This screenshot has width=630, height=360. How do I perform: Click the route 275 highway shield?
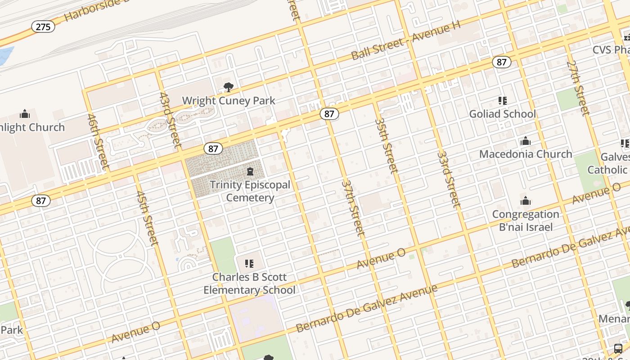pos(43,27)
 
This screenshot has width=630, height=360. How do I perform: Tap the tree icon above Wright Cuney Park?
pos(229,87)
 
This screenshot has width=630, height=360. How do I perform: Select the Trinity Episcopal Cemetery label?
pos(250,191)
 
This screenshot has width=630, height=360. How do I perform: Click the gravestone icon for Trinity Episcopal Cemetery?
pos(250,171)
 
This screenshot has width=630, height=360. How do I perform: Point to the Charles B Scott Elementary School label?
pos(249,283)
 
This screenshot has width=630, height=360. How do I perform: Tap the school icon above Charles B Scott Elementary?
pos(249,263)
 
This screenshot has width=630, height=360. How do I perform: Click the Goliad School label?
pos(502,114)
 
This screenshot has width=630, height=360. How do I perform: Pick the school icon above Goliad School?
pos(502,101)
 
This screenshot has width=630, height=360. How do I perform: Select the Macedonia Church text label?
pos(526,154)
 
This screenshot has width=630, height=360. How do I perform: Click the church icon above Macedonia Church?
pos(525,141)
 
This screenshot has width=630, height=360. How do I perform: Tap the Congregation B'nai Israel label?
pos(526,220)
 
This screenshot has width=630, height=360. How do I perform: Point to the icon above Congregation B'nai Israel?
pos(525,201)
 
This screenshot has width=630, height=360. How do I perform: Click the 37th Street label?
pos(353,207)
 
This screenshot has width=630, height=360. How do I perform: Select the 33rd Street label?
pos(449,179)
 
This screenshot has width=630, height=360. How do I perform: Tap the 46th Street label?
pos(98,142)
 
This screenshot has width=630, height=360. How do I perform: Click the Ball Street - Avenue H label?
pos(406,41)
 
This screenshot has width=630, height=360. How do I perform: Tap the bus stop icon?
pos(618,348)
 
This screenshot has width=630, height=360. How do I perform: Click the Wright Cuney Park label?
pos(229,100)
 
